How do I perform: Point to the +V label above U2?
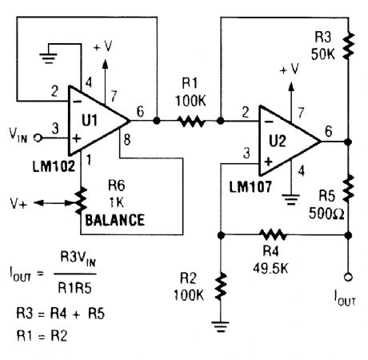point(286,70)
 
